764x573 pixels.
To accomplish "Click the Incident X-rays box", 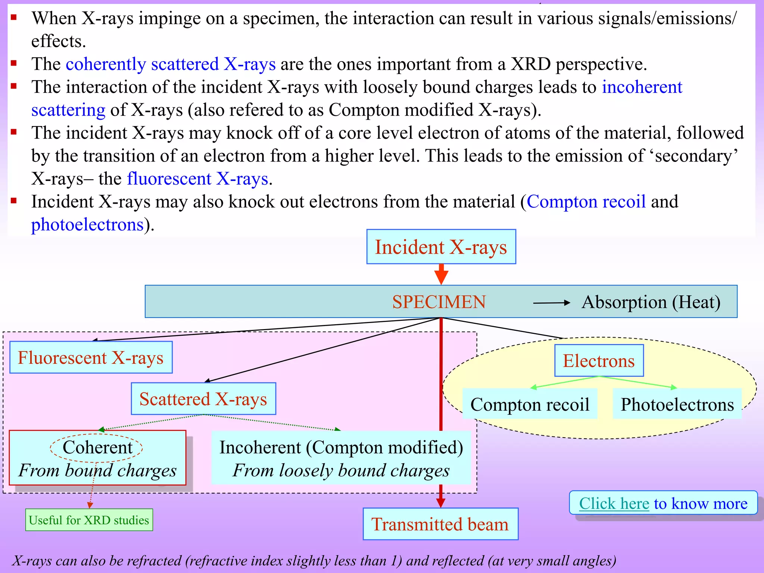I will [441, 247].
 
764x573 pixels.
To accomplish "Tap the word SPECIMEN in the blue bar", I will [439, 302].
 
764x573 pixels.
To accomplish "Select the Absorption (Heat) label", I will [651, 302].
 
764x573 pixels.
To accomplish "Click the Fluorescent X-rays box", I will [91, 357].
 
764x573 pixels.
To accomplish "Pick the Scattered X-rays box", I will [203, 399].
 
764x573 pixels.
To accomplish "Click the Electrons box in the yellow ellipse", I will [599, 361].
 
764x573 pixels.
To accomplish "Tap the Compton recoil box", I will [530, 404].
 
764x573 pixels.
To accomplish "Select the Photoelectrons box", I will [677, 404].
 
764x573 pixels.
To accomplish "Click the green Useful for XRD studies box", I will [89, 520].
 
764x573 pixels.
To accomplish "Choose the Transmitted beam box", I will [440, 524].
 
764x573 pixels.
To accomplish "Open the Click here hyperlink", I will [614, 504].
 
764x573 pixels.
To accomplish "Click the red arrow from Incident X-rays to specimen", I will [441, 274].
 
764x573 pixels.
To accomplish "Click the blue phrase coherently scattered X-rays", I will [170, 64].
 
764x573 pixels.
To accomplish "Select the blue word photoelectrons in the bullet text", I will [87, 225].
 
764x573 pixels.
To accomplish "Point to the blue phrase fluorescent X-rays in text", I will [197, 179].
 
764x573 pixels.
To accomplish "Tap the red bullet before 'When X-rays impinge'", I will [14, 17].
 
